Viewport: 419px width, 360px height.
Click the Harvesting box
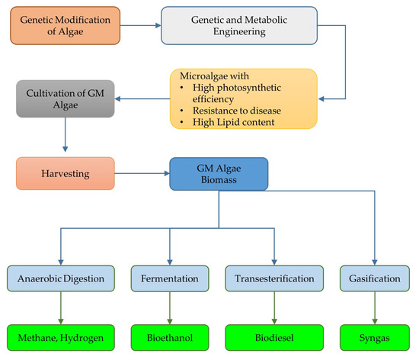(65, 174)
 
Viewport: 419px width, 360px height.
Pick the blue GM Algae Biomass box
(219, 175)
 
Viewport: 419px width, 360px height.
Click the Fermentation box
(169, 278)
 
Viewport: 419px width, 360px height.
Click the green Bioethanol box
(169, 336)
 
